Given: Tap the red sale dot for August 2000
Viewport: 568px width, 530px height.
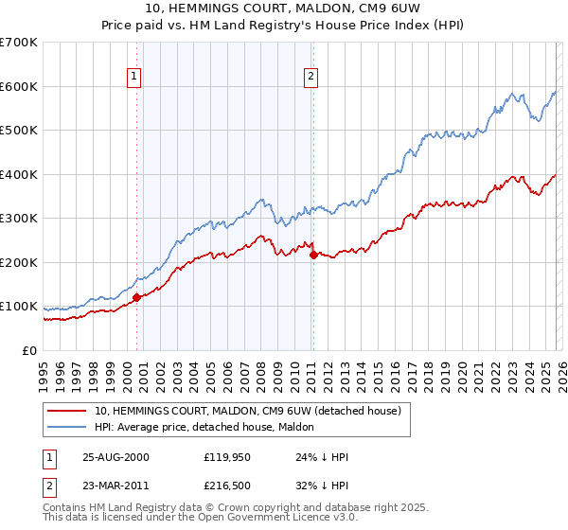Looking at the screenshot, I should click(136, 297).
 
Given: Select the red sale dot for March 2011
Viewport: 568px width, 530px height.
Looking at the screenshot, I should click(313, 255).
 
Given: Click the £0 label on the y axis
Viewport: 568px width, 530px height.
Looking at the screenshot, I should click(30, 350).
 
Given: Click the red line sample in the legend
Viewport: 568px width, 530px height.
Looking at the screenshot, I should click(67, 411).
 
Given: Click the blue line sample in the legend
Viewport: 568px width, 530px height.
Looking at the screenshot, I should click(67, 427).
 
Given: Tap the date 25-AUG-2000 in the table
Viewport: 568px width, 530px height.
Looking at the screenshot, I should click(115, 457).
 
